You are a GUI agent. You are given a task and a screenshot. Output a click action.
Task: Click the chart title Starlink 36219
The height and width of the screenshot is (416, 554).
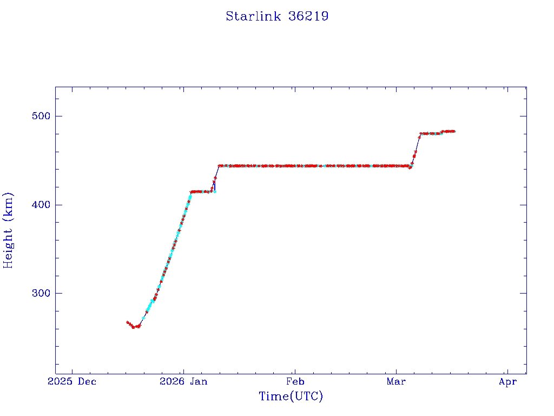pyautogui.click(x=277, y=16)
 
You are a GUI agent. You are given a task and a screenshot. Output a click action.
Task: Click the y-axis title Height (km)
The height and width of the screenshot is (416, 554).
pyautogui.click(x=8, y=230)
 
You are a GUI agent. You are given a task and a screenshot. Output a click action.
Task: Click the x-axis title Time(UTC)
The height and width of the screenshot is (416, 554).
pyautogui.click(x=291, y=396)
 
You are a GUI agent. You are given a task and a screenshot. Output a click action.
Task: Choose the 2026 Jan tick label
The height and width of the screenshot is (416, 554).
pyautogui.click(x=184, y=382)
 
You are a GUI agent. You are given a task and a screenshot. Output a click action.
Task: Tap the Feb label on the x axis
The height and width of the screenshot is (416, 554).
pyautogui.click(x=295, y=382)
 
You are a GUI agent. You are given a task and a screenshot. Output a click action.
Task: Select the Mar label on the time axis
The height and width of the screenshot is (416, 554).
pyautogui.click(x=396, y=382)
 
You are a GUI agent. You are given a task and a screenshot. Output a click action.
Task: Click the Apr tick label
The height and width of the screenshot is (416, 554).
pyautogui.click(x=507, y=382)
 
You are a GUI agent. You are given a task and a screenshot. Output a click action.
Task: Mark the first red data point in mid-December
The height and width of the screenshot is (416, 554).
pyautogui.click(x=127, y=322)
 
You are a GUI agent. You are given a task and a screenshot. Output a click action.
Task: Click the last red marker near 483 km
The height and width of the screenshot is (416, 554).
pyautogui.click(x=454, y=131)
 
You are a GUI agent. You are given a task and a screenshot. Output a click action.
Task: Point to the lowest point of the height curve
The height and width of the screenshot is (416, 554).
pyautogui.click(x=133, y=327)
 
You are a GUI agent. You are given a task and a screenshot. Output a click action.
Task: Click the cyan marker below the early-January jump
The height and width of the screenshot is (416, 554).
pyautogui.click(x=215, y=191)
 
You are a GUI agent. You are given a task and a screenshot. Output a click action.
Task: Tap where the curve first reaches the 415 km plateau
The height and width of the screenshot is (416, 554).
pyautogui.click(x=191, y=192)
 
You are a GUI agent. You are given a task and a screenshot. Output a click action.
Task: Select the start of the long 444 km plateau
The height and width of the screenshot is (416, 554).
pyautogui.click(x=219, y=166)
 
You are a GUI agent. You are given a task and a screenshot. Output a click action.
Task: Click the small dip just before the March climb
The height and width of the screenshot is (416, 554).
pyautogui.click(x=410, y=168)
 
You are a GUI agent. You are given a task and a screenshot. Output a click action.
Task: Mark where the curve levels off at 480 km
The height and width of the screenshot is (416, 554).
pyautogui.click(x=421, y=133)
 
